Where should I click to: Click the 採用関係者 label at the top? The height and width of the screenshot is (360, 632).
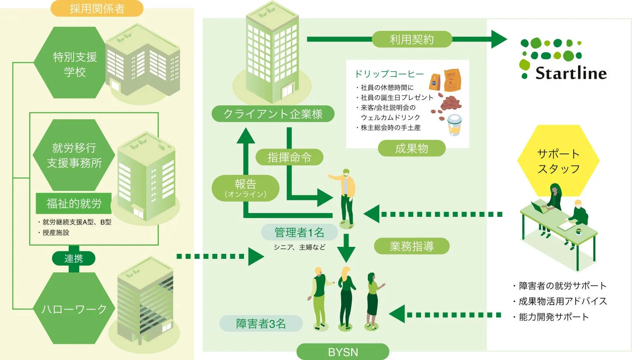[97, 9]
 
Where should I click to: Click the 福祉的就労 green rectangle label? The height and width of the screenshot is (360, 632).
[74, 203]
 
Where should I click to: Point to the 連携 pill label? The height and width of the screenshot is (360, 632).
[74, 258]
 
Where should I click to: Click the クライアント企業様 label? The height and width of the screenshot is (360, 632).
[272, 114]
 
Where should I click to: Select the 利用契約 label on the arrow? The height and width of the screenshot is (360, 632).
[411, 39]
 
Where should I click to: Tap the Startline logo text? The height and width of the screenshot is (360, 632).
[571, 73]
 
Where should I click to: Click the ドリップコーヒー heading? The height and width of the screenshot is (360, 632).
[389, 74]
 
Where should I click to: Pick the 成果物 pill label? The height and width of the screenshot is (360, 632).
[411, 149]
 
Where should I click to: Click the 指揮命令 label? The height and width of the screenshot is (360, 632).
[289, 157]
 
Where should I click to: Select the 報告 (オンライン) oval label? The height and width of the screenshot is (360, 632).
[245, 188]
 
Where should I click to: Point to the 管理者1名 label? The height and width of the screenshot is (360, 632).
[299, 232]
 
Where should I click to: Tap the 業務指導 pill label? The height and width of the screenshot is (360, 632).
[411, 246]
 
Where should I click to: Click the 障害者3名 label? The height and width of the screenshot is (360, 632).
[261, 323]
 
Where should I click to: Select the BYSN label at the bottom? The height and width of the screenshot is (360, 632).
[343, 352]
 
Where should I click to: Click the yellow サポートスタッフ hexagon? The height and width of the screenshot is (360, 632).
[558, 161]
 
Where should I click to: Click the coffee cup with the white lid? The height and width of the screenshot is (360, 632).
[454, 125]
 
